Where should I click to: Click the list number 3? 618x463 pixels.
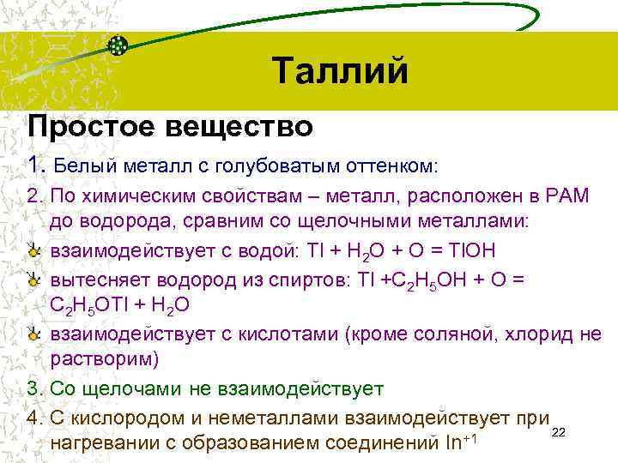tap(33, 389)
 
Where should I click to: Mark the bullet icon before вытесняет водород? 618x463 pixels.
tap(32, 280)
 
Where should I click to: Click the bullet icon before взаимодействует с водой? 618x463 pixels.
tap(32, 250)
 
